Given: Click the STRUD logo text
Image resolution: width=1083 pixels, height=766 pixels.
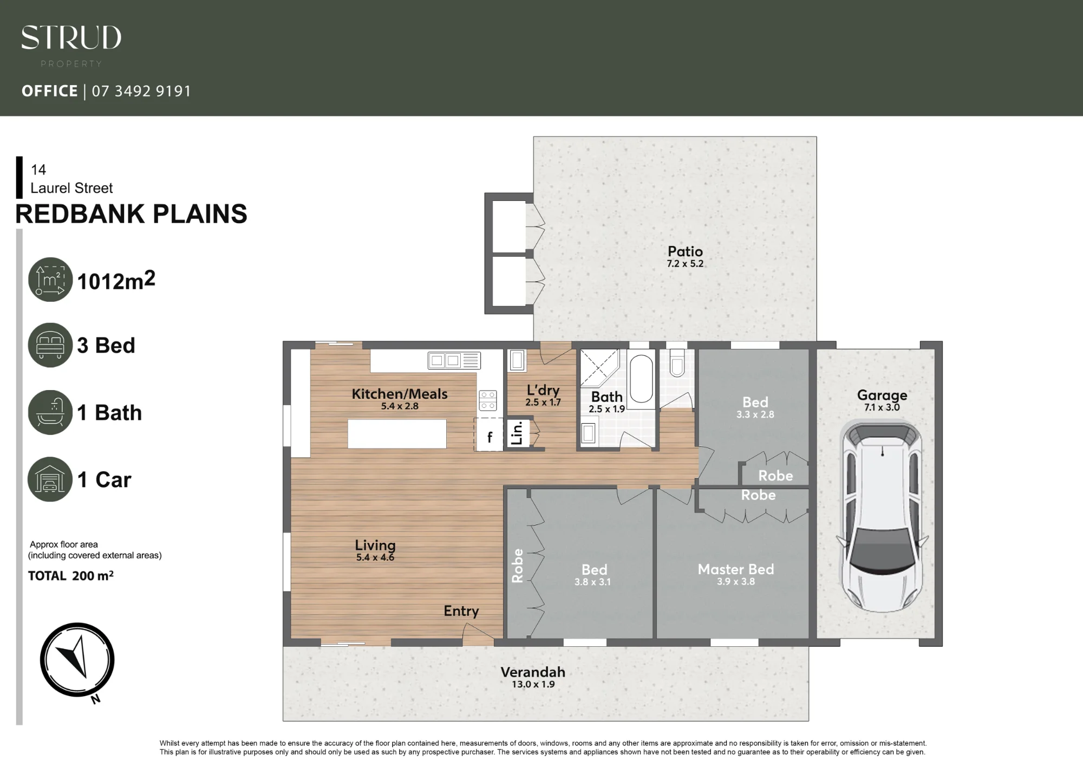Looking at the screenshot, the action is point(71,37).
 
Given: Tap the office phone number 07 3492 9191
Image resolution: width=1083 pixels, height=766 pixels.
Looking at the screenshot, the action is point(141,91).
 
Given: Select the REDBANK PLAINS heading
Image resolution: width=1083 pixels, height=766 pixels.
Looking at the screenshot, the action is point(131,214).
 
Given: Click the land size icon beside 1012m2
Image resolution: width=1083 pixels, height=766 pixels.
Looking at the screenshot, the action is point(50,280).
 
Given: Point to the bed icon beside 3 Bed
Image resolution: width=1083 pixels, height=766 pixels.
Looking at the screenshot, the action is point(50,345).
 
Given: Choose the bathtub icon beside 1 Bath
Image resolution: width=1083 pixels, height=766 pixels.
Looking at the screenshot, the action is point(50,412).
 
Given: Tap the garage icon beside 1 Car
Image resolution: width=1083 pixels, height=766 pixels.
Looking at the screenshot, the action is point(50,479).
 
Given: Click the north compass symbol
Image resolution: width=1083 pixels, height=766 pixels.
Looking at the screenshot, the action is point(77,660).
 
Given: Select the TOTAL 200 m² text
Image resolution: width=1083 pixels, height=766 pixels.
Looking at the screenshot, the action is point(71,576).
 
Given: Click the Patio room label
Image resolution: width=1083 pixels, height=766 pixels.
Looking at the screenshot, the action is point(685,251).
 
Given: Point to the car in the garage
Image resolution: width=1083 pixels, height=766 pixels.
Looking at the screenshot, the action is point(882,517).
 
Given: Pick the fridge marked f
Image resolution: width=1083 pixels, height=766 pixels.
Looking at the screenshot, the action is point(489,434).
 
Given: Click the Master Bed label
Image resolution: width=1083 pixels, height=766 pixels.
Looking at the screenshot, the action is point(736,569).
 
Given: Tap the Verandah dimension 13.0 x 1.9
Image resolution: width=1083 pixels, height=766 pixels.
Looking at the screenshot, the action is point(533,684).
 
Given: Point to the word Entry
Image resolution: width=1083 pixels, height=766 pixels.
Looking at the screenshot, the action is point(461,611).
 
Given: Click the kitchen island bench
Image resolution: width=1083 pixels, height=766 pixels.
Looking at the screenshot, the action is point(397,434).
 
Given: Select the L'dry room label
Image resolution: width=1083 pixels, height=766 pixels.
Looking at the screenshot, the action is point(543,390).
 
